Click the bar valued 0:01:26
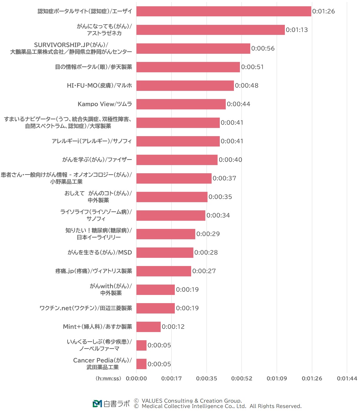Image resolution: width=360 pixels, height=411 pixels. point(224,11)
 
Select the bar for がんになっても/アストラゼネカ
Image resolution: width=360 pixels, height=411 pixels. point(210,30)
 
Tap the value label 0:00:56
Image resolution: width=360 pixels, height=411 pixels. point(263,48)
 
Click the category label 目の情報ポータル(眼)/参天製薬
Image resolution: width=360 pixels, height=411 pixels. point(93,67)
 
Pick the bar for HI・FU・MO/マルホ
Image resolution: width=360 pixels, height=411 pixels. point(185,86)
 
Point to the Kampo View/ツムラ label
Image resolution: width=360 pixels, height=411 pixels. point(105,104)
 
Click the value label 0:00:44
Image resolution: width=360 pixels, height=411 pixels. point(238,104)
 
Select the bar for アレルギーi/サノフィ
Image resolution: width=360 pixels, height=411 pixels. point(178,141)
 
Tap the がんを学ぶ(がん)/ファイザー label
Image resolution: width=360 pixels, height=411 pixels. point(97,160)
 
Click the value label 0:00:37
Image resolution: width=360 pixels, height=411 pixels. point(224,178)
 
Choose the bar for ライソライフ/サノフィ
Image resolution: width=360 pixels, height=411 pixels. point(171,215)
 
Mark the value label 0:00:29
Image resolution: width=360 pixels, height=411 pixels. point(208,234)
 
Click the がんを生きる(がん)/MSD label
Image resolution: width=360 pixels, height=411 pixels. point(100,253)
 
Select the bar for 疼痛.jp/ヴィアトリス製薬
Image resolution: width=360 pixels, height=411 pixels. point(163,271)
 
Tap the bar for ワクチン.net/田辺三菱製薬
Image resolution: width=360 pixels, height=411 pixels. point(155,308)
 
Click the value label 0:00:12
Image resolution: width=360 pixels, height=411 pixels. point(173,327)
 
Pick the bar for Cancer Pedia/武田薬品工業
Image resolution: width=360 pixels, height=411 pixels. point(141,364)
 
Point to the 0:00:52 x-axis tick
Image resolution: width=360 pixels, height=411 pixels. point(241,378)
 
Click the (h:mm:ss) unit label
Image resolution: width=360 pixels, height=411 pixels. point(108,378)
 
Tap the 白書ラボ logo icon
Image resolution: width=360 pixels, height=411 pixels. point(97,403)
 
